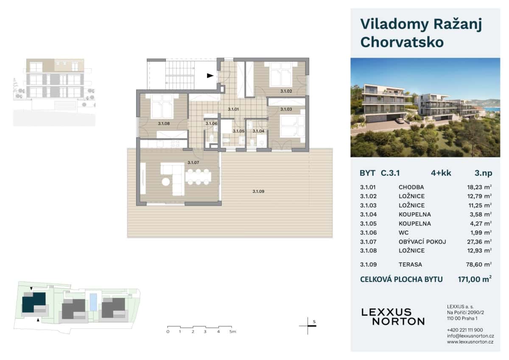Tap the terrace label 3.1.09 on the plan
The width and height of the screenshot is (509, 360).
[258, 191]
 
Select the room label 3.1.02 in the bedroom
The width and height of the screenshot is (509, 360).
[286, 91]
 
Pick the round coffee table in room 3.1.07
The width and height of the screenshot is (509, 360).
[166, 182]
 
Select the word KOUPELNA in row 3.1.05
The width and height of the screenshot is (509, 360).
[414, 224]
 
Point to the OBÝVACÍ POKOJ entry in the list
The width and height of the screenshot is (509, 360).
[422, 242]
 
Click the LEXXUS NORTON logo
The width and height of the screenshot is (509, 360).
[392, 317]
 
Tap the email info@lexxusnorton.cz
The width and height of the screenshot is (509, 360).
[470, 336]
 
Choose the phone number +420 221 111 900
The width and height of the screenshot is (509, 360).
[464, 330]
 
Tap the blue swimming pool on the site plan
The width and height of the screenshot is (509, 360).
[93, 302]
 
